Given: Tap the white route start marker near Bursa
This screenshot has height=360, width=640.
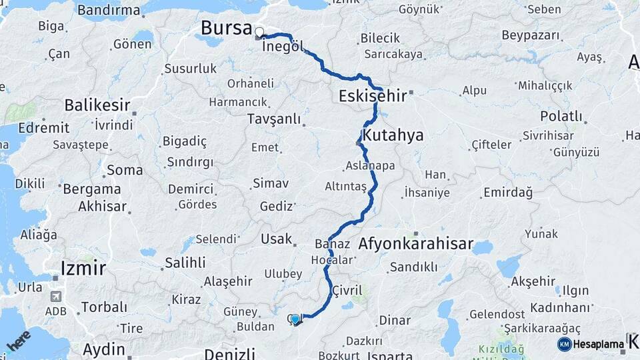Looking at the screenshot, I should point(259,31).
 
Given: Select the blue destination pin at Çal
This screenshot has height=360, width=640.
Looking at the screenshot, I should point(295,319).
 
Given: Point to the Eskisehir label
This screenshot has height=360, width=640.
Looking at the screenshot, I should point(373,96).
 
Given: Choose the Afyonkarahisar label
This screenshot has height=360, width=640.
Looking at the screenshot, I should point(415,243).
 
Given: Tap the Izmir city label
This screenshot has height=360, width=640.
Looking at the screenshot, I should point(83,269).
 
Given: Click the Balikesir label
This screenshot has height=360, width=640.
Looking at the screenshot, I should point(97,105).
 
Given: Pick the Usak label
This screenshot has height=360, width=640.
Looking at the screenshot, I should point(276,239).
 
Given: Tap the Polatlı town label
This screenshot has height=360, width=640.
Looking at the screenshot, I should point(561,117).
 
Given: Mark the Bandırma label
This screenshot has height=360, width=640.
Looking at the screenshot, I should point(109,10).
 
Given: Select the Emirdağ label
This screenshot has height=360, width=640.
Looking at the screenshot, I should point(509,192).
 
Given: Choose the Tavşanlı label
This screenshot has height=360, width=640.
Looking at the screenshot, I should point(273,119).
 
